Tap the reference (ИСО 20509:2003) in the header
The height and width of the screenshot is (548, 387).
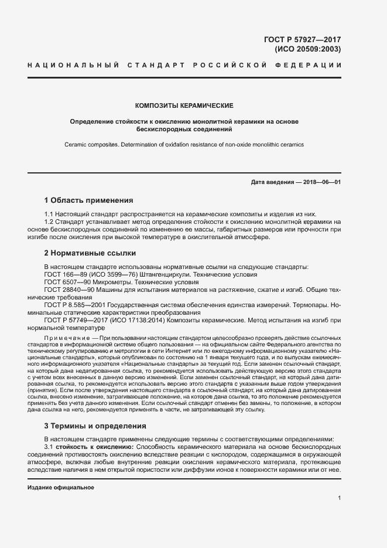click(307, 49)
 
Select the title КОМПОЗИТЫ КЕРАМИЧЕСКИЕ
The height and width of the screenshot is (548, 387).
click(184, 105)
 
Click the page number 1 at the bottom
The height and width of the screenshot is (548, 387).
click(339, 498)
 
